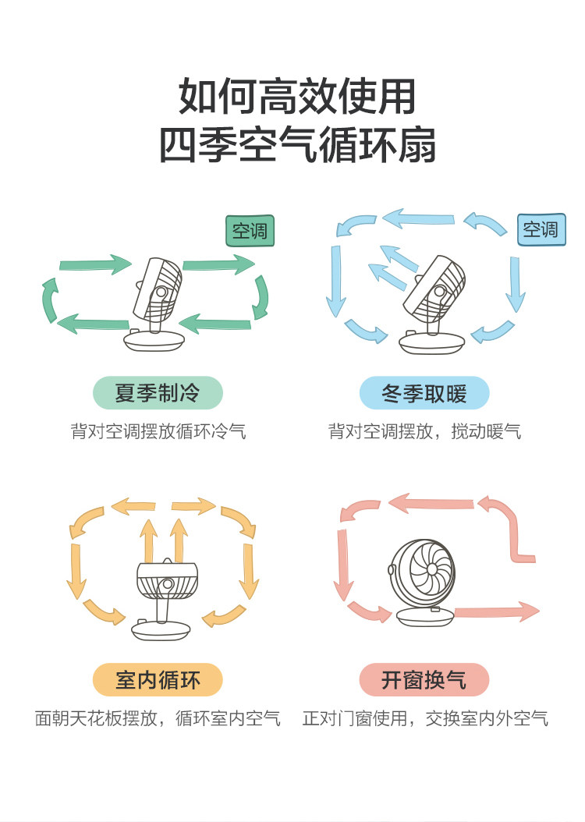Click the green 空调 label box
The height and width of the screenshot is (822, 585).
pyautogui.click(x=250, y=231)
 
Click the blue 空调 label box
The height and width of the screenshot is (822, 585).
pyautogui.click(x=541, y=229)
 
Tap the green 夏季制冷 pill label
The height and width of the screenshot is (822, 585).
pyautogui.click(x=158, y=392)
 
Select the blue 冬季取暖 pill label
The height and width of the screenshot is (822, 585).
pyautogui.click(x=424, y=393)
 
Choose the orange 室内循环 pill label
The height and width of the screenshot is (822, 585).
pyautogui.click(x=158, y=680)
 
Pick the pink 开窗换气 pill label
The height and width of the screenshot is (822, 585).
pyautogui.click(x=424, y=680)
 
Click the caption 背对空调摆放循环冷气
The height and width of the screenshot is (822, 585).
pyautogui.click(x=158, y=430)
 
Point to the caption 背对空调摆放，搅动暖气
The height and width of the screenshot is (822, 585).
pyautogui.click(x=424, y=430)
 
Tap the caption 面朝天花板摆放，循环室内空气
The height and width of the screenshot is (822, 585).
pyautogui.click(x=158, y=718)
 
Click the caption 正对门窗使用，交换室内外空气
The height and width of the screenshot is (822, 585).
pyautogui.click(x=425, y=718)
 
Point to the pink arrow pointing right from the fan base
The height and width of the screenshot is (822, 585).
pyautogui.click(x=496, y=611)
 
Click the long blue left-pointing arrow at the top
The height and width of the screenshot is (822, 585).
pyautogui.click(x=417, y=218)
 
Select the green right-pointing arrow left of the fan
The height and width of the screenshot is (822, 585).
pyautogui.click(x=95, y=266)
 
